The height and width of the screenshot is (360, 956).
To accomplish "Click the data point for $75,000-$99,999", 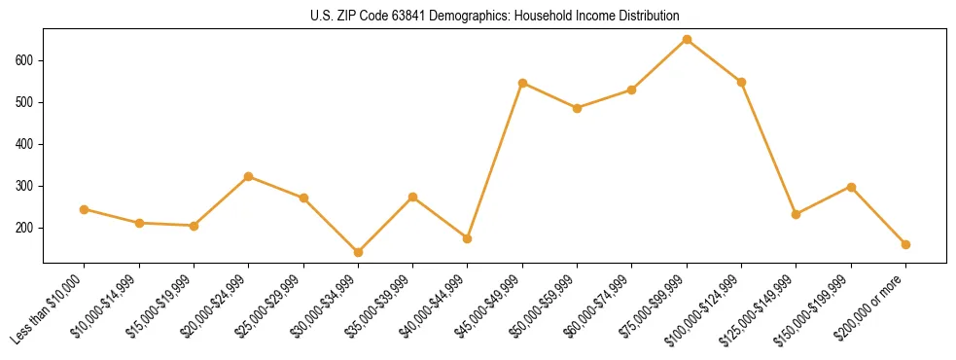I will tap(687, 40).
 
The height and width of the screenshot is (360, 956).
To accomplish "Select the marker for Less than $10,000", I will tap(84, 209).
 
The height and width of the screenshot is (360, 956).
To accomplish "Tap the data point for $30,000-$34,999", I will tap(358, 252).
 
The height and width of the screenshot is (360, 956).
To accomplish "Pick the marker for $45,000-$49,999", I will tap(522, 84).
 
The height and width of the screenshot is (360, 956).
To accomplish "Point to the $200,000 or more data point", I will tap(905, 244).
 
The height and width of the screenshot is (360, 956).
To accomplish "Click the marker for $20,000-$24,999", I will tap(248, 176).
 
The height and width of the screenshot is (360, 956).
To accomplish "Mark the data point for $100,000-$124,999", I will tap(741, 82).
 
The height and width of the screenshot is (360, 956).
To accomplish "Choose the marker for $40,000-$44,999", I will tap(468, 238).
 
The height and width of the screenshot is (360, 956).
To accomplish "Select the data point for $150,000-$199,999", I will tap(851, 187).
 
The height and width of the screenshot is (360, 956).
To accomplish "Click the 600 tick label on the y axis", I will tap(26, 60).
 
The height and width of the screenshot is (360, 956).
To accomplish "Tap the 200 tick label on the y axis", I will tap(26, 228).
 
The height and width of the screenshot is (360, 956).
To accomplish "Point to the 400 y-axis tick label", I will tap(26, 144).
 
